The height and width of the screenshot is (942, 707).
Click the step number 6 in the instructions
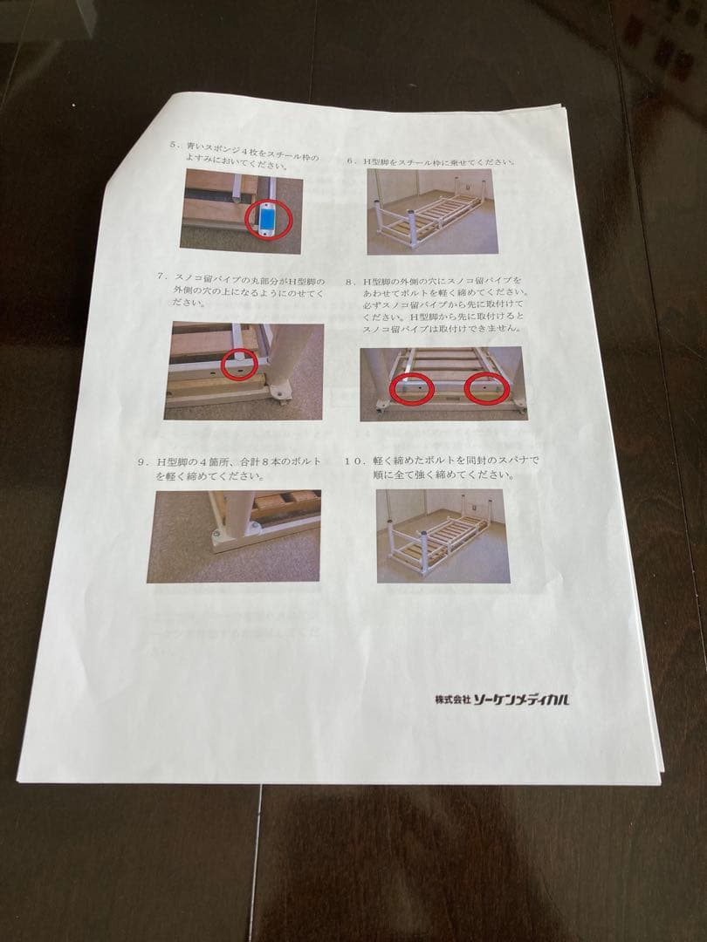(351, 161)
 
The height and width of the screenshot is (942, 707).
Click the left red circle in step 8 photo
(411, 388)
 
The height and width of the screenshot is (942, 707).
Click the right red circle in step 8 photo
(487, 389)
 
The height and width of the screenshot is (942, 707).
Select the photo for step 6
(429, 211)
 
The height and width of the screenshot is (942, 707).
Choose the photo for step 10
(443, 535)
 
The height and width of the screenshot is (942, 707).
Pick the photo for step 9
(233, 535)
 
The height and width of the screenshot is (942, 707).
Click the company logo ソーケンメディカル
(522, 700)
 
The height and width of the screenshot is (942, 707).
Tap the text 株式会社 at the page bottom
(453, 700)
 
